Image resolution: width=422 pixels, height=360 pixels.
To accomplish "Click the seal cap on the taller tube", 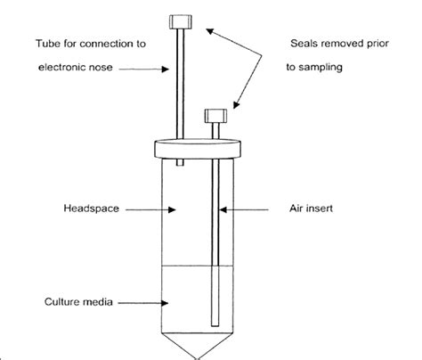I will [182, 20].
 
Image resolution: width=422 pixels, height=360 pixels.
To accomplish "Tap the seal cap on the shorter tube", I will [214, 115].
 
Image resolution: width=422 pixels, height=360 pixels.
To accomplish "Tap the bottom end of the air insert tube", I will [214, 323].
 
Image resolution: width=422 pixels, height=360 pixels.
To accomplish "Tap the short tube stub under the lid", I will [182, 162].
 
